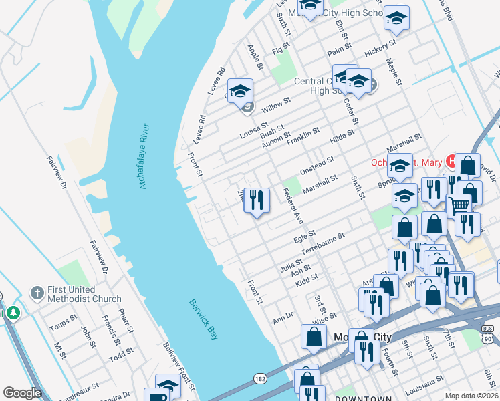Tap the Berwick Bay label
pyautogui.click(x=203, y=319)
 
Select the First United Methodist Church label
pyautogui.click(x=84, y=295)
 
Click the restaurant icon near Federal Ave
pyautogui.click(x=257, y=200)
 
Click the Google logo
pyautogui.click(x=22, y=393)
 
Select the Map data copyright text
pyautogui.click(x=471, y=396)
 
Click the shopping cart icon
pyautogui.click(x=459, y=205)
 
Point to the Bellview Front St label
pyautogui.click(x=179, y=366)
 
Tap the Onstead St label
pyautogui.click(x=316, y=165)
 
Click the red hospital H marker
pyautogui.click(x=451, y=161)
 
